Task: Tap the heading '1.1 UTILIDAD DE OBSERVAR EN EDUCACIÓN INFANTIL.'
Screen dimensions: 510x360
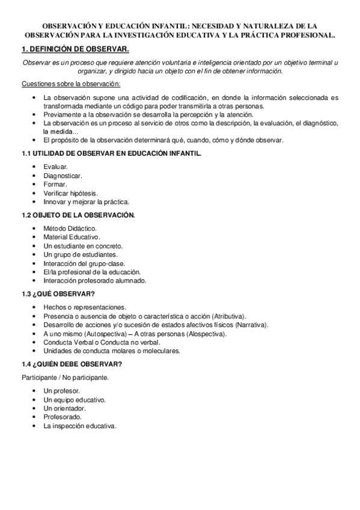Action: [111, 153]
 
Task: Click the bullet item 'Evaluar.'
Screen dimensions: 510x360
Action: [55, 166]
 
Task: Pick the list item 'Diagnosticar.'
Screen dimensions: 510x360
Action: [63, 175]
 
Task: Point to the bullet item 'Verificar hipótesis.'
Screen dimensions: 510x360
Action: [70, 193]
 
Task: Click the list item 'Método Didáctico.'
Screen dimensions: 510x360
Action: [69, 228]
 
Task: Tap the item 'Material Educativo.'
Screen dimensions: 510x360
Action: [72, 237]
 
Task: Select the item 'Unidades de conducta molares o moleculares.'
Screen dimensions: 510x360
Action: [111, 351]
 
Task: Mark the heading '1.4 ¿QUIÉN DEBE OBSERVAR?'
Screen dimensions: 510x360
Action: [72, 364]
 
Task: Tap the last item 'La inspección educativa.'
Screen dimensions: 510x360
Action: [79, 425]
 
